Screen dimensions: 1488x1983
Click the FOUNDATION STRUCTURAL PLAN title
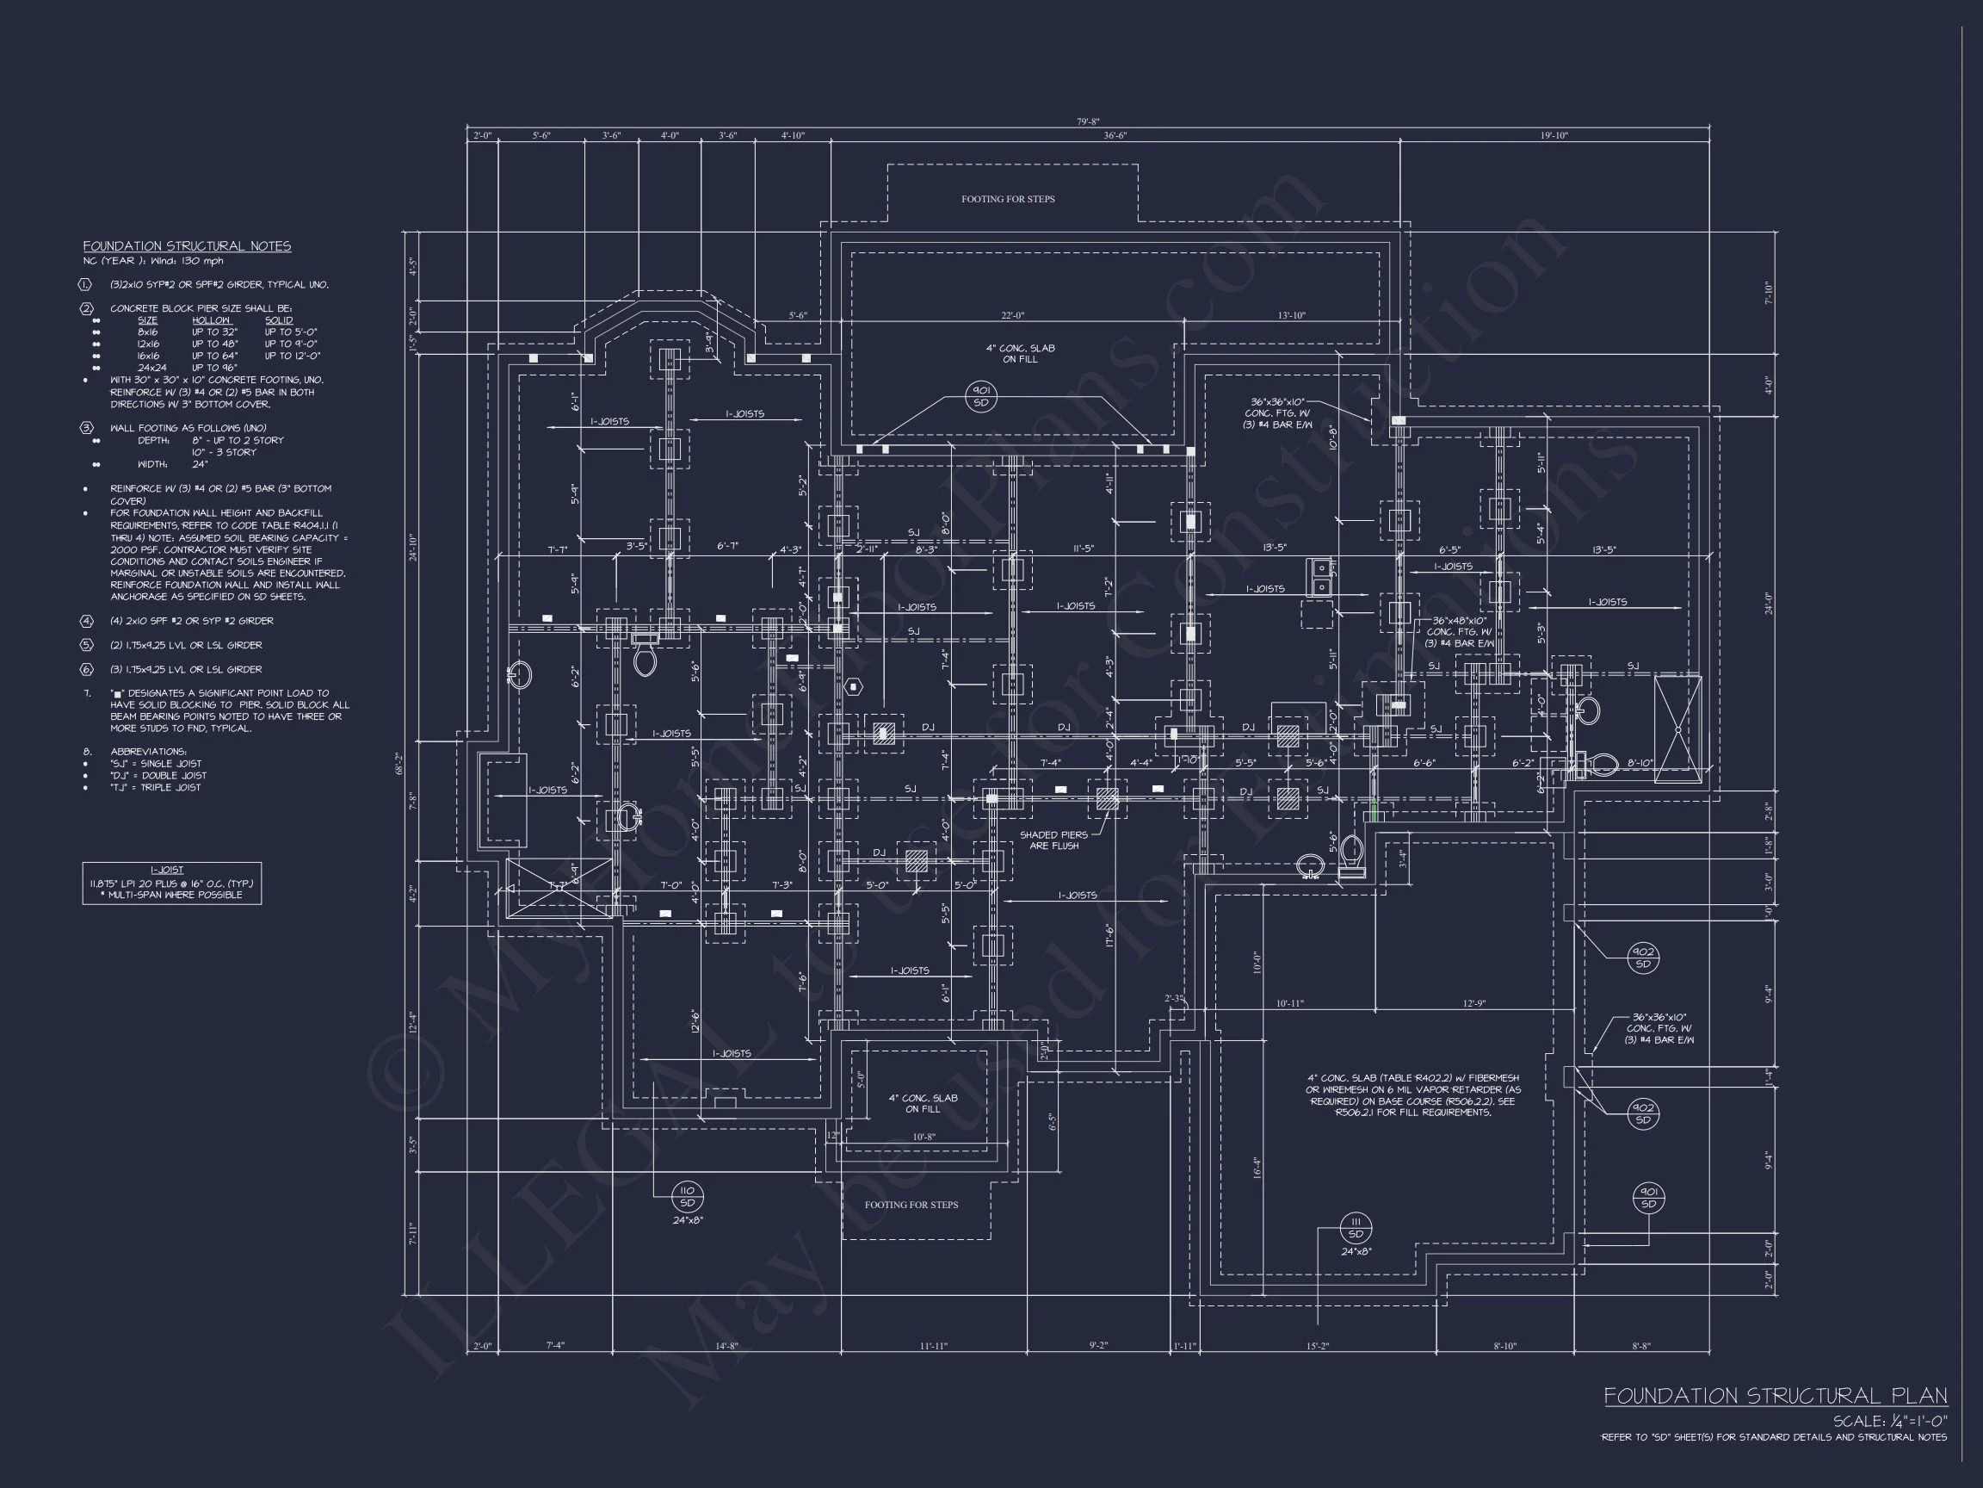pyautogui.click(x=1775, y=1396)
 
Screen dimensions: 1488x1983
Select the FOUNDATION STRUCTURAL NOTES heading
pyautogui.click(x=187, y=245)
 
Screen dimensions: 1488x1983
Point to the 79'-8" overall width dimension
pyautogui.click(x=1087, y=122)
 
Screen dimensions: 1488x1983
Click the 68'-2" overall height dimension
pyautogui.click(x=400, y=763)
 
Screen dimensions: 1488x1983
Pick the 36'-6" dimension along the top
pyautogui.click(x=1115, y=135)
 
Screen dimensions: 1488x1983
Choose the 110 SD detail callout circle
pyautogui.click(x=688, y=1196)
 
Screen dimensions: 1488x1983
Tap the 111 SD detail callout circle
pyautogui.click(x=1356, y=1228)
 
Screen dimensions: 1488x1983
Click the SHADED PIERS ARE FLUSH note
pyautogui.click(x=1053, y=840)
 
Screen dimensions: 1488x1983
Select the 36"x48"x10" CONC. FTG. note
pyautogui.click(x=1459, y=631)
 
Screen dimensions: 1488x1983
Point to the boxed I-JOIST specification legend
pyautogui.click(x=171, y=883)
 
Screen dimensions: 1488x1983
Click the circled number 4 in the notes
pyautogui.click(x=87, y=621)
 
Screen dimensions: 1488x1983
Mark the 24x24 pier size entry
pyautogui.click(x=149, y=368)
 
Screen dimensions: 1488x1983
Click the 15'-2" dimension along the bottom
pyautogui.click(x=1317, y=1345)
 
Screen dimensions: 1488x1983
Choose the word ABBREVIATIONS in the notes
pyautogui.click(x=148, y=752)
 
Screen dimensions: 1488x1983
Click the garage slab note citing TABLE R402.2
pyautogui.click(x=1413, y=1094)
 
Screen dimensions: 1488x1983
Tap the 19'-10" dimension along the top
pyautogui.click(x=1554, y=135)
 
